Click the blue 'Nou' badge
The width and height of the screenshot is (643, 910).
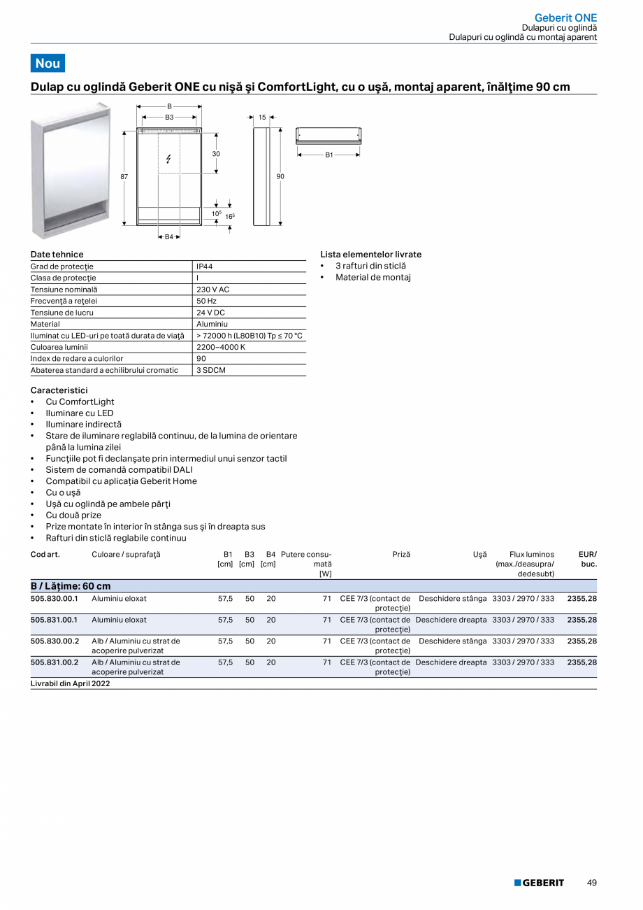[x=48, y=63]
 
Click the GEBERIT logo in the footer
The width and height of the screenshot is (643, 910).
[x=539, y=883]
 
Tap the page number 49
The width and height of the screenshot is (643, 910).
[x=592, y=883]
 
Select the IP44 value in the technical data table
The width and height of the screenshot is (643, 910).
[x=205, y=266]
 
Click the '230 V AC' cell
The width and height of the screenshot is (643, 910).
[x=212, y=290]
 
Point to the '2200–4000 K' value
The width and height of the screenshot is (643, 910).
[x=220, y=347]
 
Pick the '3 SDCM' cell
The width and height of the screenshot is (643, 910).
[x=211, y=370]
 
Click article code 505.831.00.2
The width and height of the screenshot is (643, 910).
[x=55, y=662]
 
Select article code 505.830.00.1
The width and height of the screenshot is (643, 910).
[x=55, y=599]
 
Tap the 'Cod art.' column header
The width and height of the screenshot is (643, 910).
[x=45, y=554]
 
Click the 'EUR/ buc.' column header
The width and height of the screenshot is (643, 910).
[x=587, y=559]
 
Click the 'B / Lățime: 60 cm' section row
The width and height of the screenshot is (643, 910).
[x=71, y=586]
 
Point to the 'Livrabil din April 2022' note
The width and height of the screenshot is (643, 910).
[x=71, y=683]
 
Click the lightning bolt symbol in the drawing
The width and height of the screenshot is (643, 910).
[x=168, y=159]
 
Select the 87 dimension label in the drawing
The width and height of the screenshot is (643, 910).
[x=124, y=177]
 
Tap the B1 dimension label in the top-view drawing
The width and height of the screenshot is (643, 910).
[x=329, y=155]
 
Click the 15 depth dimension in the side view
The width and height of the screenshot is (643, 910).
[x=262, y=118]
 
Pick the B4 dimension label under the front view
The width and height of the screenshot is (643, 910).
[x=168, y=237]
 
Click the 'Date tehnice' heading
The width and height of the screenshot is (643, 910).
[x=57, y=255]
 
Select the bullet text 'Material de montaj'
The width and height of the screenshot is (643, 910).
[x=373, y=278]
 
